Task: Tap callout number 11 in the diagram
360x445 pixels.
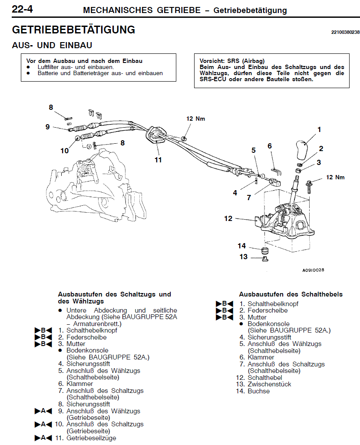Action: [x=158, y=160]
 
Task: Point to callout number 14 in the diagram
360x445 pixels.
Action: [x=241, y=246]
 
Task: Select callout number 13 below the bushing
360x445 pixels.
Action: [x=243, y=257]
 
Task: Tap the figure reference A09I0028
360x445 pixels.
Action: [x=313, y=270]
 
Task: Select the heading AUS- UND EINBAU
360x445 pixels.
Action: [x=52, y=46]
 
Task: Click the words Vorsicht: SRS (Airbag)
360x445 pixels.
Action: [x=232, y=61]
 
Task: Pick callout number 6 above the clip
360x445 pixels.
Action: [x=270, y=146]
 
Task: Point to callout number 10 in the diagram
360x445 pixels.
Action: [x=65, y=151]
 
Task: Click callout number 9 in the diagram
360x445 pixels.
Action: [x=47, y=127]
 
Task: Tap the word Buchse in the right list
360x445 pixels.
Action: [x=259, y=391]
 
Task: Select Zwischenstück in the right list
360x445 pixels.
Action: [x=269, y=384]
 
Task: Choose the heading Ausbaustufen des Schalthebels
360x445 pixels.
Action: [x=291, y=294]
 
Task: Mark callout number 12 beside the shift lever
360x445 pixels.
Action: [x=228, y=218]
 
